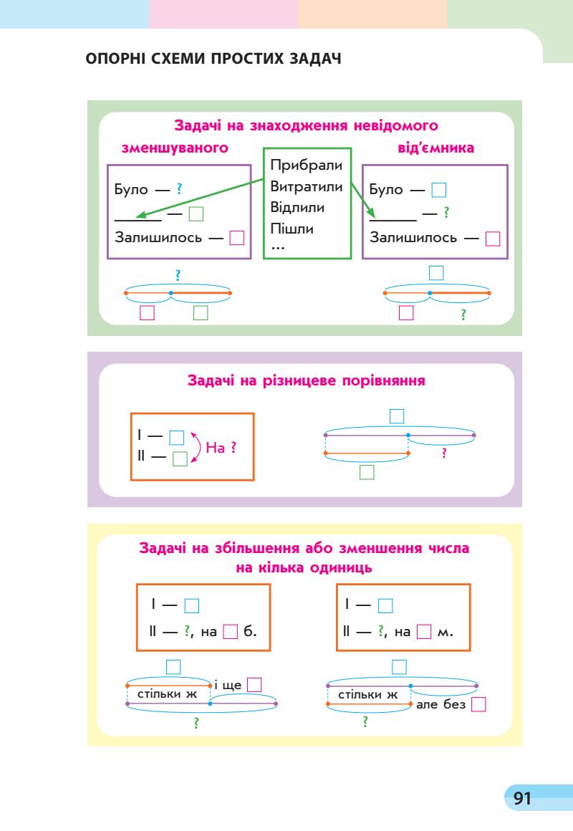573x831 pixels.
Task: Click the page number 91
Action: click(x=520, y=797)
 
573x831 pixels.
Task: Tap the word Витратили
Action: click(x=307, y=187)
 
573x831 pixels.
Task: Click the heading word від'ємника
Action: click(x=438, y=149)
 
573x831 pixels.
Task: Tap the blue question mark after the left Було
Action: click(x=178, y=190)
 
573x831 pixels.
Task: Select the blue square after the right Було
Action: click(x=439, y=191)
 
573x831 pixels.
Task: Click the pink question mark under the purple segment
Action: click(x=445, y=453)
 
